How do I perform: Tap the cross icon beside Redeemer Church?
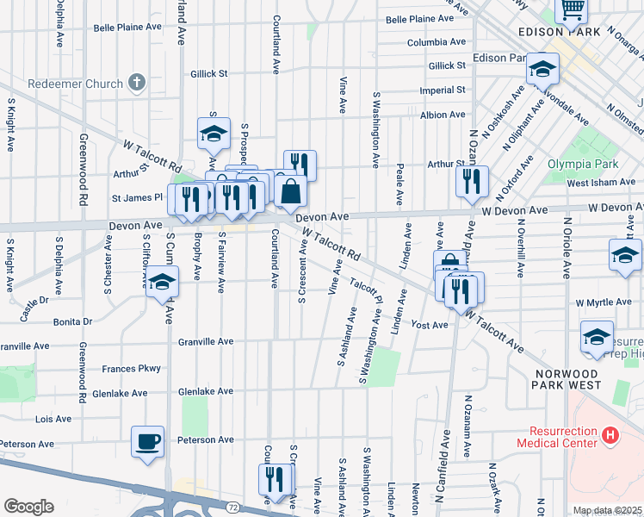(x=136, y=83)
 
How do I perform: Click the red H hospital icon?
(x=610, y=436)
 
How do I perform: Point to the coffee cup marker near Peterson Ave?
(x=147, y=442)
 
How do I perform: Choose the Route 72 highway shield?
(x=232, y=507)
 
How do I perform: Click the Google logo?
(x=28, y=507)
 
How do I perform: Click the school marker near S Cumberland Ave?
(x=161, y=282)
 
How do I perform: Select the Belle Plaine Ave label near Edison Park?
(x=420, y=19)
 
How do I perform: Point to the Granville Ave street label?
(x=206, y=341)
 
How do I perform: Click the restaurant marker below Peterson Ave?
(x=276, y=480)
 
